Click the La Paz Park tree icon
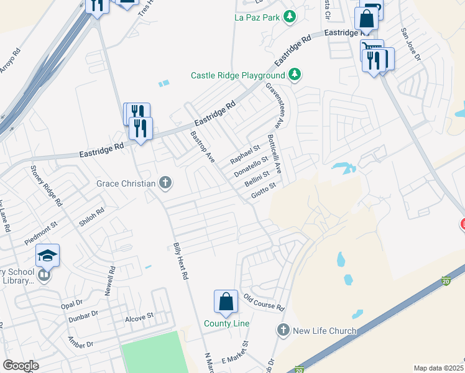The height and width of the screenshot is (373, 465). pyautogui.click(x=289, y=16)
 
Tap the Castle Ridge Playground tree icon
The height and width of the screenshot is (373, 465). pyautogui.click(x=295, y=75)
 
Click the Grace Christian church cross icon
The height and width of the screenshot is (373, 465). pyautogui.click(x=165, y=183)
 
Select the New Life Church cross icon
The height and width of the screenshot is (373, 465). pyautogui.click(x=283, y=330)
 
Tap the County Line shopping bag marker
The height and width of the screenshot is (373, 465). pyautogui.click(x=226, y=302)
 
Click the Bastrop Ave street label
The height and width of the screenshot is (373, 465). pyautogui.click(x=202, y=147)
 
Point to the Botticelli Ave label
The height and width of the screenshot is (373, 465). pyautogui.click(x=274, y=153)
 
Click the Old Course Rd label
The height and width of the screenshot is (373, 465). pyautogui.click(x=264, y=302)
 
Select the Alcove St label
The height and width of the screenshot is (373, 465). pyautogui.click(x=139, y=317)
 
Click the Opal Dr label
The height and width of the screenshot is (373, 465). pyautogui.click(x=71, y=304)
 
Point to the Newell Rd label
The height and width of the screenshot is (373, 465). pyautogui.click(x=110, y=282)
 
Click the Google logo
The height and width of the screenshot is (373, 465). pyautogui.click(x=21, y=366)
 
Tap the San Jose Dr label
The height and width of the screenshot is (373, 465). pyautogui.click(x=411, y=44)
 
